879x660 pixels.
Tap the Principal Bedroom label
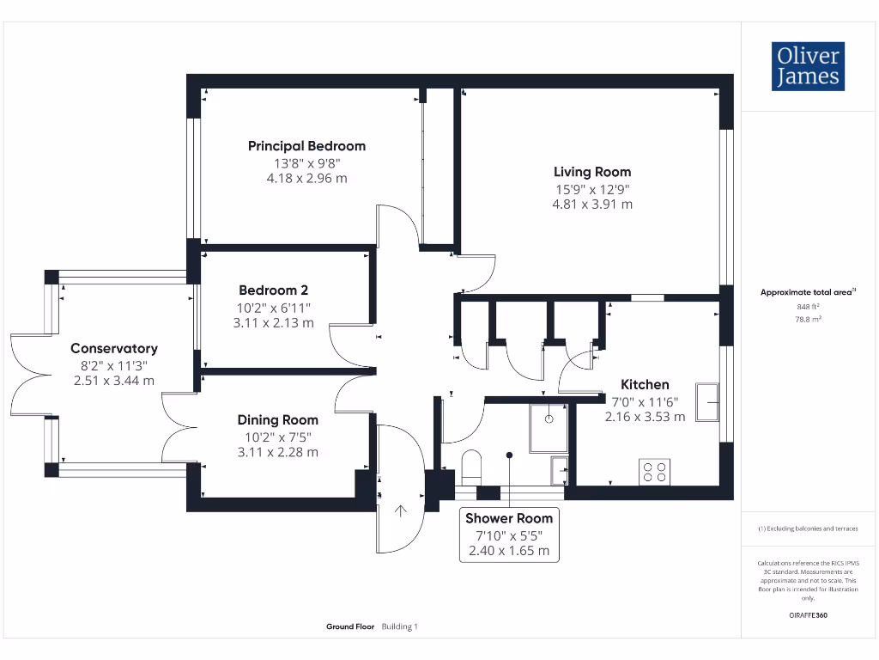(306, 146)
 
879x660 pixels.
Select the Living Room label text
(592, 172)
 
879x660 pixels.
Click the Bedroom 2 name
(273, 290)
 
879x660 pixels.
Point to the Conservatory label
(114, 349)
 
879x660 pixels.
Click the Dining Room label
(277, 420)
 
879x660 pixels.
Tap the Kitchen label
(645, 385)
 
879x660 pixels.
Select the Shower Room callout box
(509, 535)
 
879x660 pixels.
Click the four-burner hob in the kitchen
(655, 472)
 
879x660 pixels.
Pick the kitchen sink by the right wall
(708, 402)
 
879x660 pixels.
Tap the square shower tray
(549, 428)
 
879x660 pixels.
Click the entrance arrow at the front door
(400, 513)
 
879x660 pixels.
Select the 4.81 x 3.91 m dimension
(592, 205)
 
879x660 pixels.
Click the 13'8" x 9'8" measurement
(306, 162)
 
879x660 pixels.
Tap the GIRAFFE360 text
(808, 615)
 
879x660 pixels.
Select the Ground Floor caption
(350, 627)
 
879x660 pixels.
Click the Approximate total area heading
(807, 293)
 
